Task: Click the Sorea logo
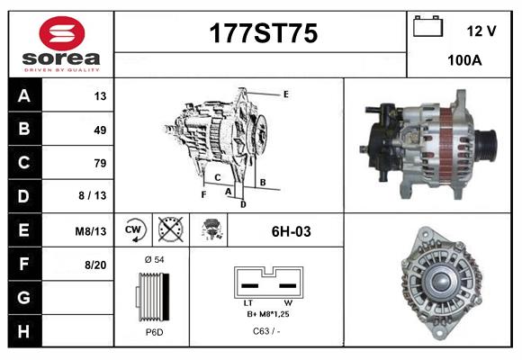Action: point(61,42)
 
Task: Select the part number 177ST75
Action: point(262,34)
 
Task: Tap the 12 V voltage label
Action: point(481,31)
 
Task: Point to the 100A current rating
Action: point(464,61)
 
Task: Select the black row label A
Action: point(24,96)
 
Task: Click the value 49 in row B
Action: point(100,130)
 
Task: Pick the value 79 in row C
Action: point(100,163)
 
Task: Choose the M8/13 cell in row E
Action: point(91,231)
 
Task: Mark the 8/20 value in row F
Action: point(94,265)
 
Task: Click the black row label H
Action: point(24,330)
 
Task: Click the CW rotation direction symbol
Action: point(134,229)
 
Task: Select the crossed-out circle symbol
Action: point(168,229)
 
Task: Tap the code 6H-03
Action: point(291,231)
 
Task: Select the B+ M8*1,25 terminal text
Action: point(266,314)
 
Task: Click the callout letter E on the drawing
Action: point(285,94)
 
